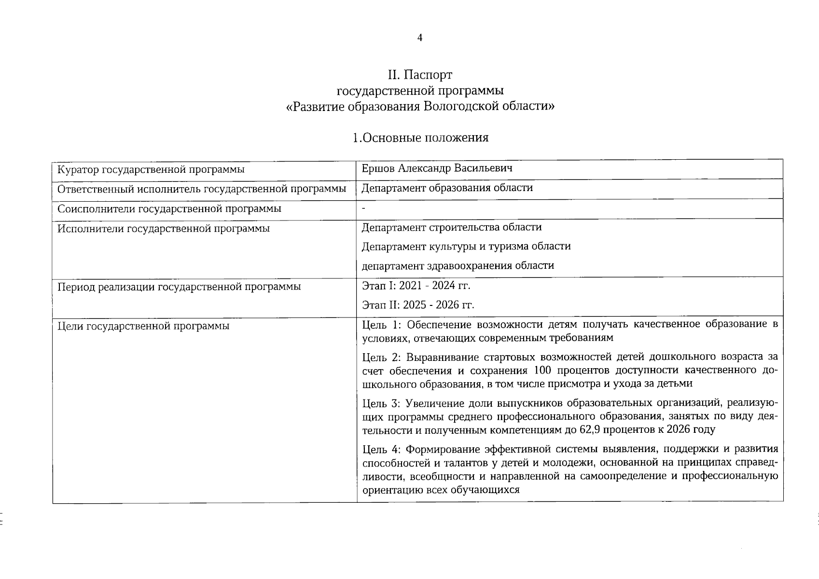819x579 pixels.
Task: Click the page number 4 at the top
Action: tap(419, 38)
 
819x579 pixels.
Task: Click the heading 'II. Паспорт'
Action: tap(420, 75)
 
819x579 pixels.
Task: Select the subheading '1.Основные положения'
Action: tap(420, 138)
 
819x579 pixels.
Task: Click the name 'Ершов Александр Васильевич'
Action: tap(437, 168)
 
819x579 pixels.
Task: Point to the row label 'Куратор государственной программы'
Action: tap(151, 169)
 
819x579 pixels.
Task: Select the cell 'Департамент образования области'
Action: tap(447, 188)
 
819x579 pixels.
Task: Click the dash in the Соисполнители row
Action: tap(364, 208)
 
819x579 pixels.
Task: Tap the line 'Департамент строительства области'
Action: tap(451, 227)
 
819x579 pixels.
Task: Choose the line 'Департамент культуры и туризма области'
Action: tap(466, 246)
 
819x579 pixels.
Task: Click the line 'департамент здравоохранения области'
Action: tap(458, 265)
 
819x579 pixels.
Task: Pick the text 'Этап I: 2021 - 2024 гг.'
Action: tap(416, 285)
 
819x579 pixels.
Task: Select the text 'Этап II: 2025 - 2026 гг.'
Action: tap(418, 305)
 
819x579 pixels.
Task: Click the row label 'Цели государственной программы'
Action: tap(143, 326)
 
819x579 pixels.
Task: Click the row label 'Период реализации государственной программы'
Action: tap(179, 287)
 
